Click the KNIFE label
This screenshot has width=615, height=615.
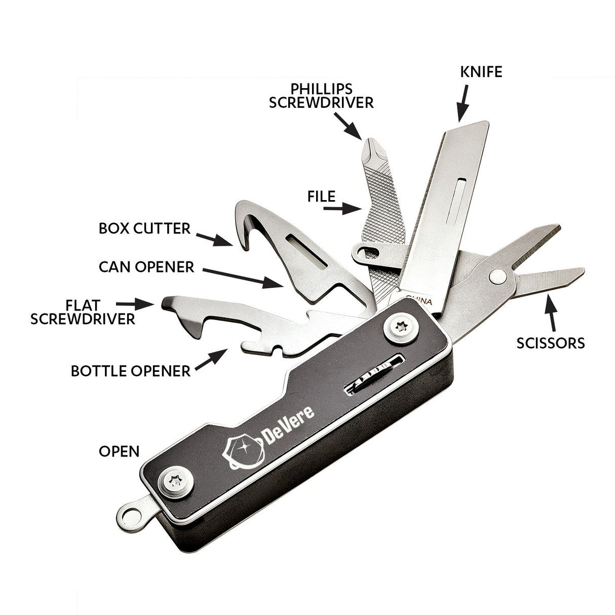pos(481,72)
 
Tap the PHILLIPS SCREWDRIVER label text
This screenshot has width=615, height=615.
pos(321,96)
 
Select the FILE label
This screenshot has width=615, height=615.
pos(321,197)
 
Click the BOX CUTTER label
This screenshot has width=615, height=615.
pos(144,228)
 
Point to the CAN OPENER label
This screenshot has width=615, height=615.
pos(146,267)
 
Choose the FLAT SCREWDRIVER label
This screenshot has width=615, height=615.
pos(83,312)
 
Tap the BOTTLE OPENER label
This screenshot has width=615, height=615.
pos(131,371)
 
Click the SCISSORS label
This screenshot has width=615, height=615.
pos(550,343)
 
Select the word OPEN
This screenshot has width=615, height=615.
pos(119,451)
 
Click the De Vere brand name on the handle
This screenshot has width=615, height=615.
pos(288,426)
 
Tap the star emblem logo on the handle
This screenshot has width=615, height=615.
pos(244,450)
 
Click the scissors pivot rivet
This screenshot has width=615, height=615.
pos(497,277)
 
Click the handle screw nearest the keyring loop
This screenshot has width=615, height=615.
pos(176,482)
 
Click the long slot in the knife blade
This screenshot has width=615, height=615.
pos(456,201)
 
